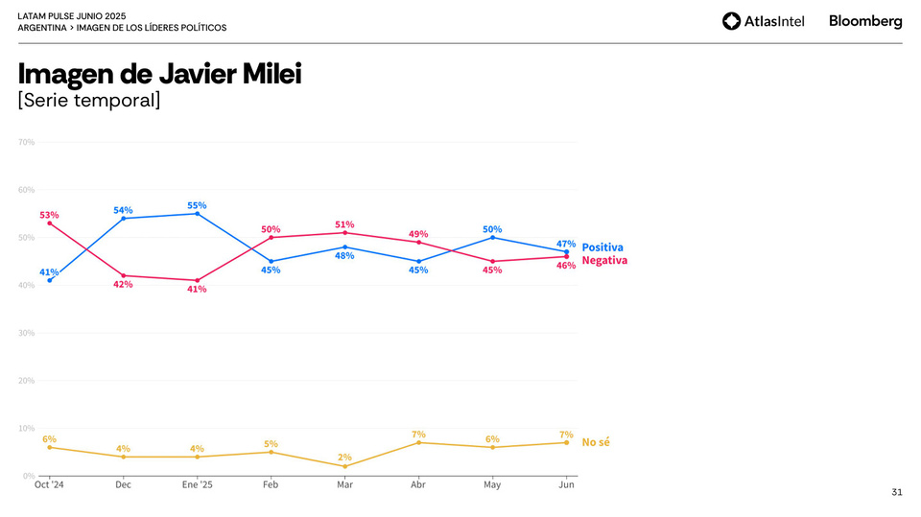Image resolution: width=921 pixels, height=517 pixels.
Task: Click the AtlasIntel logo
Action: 763,21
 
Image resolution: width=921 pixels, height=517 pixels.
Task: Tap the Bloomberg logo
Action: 865,21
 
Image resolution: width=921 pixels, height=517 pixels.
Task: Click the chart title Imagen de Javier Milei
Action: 159,74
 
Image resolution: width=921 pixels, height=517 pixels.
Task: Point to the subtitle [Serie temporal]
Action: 89,99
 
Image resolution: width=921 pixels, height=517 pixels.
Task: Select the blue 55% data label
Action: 197,205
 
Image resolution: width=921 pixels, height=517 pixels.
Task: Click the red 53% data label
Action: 49,215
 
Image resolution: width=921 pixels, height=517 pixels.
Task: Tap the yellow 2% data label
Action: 344,457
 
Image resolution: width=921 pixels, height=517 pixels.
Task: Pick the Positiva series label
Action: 602,247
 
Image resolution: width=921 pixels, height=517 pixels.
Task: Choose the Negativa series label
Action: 604,260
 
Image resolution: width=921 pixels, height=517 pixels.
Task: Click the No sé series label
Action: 596,442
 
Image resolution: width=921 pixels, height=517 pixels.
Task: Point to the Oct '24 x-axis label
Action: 49,484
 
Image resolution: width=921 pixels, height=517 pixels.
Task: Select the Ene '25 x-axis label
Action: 197,484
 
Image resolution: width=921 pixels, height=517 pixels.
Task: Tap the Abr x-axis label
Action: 418,484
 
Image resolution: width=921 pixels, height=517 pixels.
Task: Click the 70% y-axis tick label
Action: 26,142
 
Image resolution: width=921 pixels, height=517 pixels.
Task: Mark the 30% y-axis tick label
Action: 26,333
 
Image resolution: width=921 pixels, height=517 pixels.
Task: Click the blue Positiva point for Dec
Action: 123,219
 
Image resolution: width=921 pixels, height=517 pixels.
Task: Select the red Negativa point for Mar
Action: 344,233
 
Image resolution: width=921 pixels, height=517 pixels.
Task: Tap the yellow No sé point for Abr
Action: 418,442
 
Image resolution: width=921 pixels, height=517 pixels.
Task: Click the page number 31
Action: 897,492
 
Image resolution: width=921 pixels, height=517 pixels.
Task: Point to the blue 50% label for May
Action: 492,229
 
